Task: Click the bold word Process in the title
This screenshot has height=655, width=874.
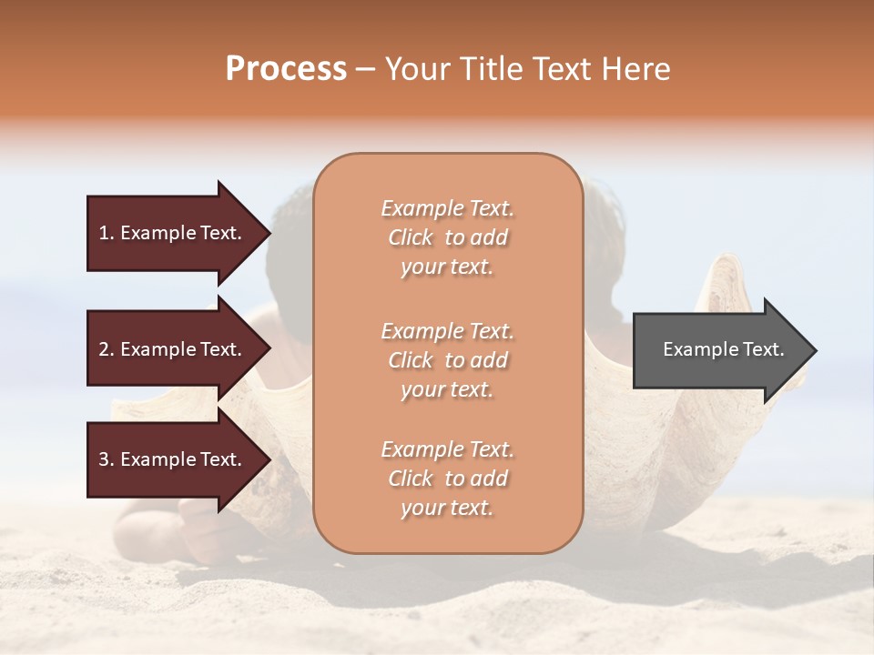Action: pyautogui.click(x=286, y=69)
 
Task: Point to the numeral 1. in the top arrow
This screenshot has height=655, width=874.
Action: pyautogui.click(x=107, y=233)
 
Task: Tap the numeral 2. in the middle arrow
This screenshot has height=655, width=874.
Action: pyautogui.click(x=107, y=349)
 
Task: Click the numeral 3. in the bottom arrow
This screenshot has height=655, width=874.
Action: pyautogui.click(x=107, y=459)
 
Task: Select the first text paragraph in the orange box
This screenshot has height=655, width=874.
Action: pyautogui.click(x=447, y=237)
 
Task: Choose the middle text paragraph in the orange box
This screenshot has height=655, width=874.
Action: pyautogui.click(x=447, y=360)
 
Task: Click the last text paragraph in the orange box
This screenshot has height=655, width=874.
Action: pyautogui.click(x=447, y=479)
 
